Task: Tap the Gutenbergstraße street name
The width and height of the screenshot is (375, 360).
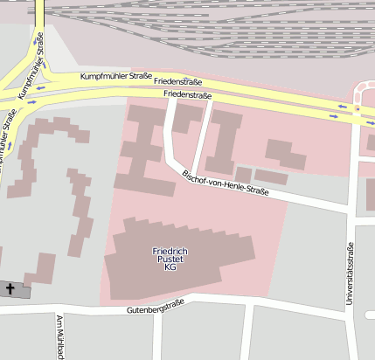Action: coord(156,309)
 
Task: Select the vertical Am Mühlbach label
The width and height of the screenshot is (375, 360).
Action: coord(60,337)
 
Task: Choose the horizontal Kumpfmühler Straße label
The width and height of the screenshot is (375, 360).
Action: coord(116,77)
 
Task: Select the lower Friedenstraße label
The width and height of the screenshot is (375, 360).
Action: coord(188,94)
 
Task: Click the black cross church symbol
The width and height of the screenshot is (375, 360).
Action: coord(10,287)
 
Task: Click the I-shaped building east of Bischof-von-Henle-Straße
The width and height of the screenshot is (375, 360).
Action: coord(224,140)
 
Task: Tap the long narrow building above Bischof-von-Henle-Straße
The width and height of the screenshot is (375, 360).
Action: coord(271,177)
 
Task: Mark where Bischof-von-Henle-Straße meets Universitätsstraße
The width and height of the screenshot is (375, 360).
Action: coord(351,208)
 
